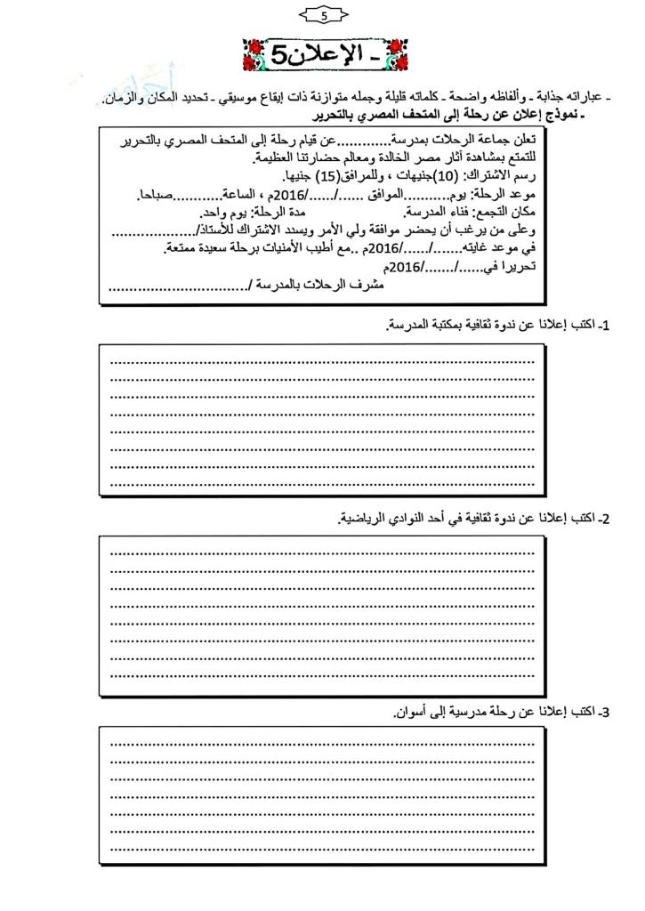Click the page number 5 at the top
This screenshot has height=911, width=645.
[323, 15]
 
